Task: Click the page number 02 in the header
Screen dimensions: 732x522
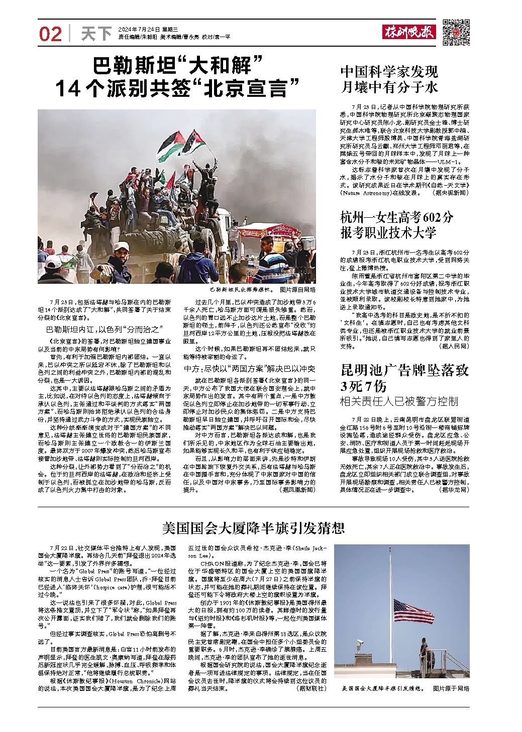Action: pyautogui.click(x=51, y=34)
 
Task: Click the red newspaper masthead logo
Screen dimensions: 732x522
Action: pyautogui.click(x=409, y=33)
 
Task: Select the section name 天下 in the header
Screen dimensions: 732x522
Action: pyautogui.click(x=96, y=34)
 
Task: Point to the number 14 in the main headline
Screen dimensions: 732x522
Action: pyautogui.click(x=67, y=89)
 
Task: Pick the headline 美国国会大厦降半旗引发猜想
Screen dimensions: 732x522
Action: pyautogui.click(x=253, y=527)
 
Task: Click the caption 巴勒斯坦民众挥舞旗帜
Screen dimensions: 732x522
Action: pyautogui.click(x=242, y=290)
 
